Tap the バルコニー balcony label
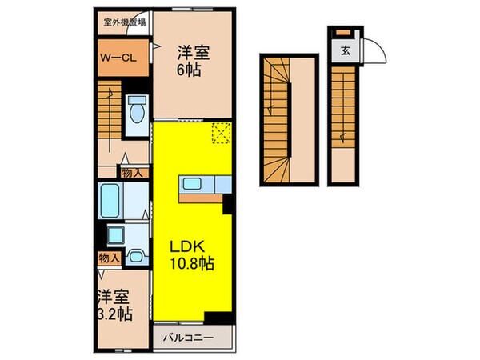point(190,337)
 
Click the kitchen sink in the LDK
point(192,185)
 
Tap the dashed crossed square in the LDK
point(220,134)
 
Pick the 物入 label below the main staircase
point(132,171)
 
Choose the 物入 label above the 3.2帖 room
point(109,258)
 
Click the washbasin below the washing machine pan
point(137,257)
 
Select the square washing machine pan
point(116,235)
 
